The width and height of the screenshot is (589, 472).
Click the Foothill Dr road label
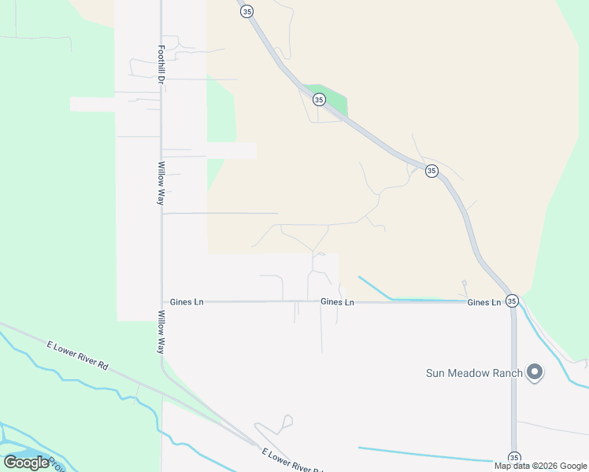click(x=161, y=65)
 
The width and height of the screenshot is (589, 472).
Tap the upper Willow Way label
click(x=161, y=184)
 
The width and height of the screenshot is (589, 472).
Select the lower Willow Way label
click(x=161, y=331)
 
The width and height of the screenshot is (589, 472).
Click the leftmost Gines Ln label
click(x=187, y=302)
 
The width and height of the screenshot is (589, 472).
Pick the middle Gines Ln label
click(x=337, y=302)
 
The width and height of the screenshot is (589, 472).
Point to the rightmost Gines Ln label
click(x=484, y=302)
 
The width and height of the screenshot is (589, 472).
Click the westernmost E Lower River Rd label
click(x=77, y=356)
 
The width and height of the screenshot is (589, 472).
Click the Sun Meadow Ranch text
click(x=474, y=373)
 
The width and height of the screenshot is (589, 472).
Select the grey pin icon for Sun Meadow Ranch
click(x=535, y=372)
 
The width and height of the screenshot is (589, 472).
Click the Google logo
click(x=27, y=463)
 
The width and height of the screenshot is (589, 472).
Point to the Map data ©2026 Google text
click(x=540, y=466)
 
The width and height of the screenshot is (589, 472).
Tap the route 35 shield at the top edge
click(x=247, y=11)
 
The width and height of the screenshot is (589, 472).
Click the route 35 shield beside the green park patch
click(x=319, y=99)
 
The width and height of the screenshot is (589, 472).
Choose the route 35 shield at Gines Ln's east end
click(x=512, y=301)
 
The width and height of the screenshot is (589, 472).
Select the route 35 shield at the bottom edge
click(x=514, y=457)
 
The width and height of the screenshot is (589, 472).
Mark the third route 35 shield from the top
click(x=432, y=171)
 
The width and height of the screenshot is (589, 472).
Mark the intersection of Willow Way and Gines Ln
click(x=161, y=302)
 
